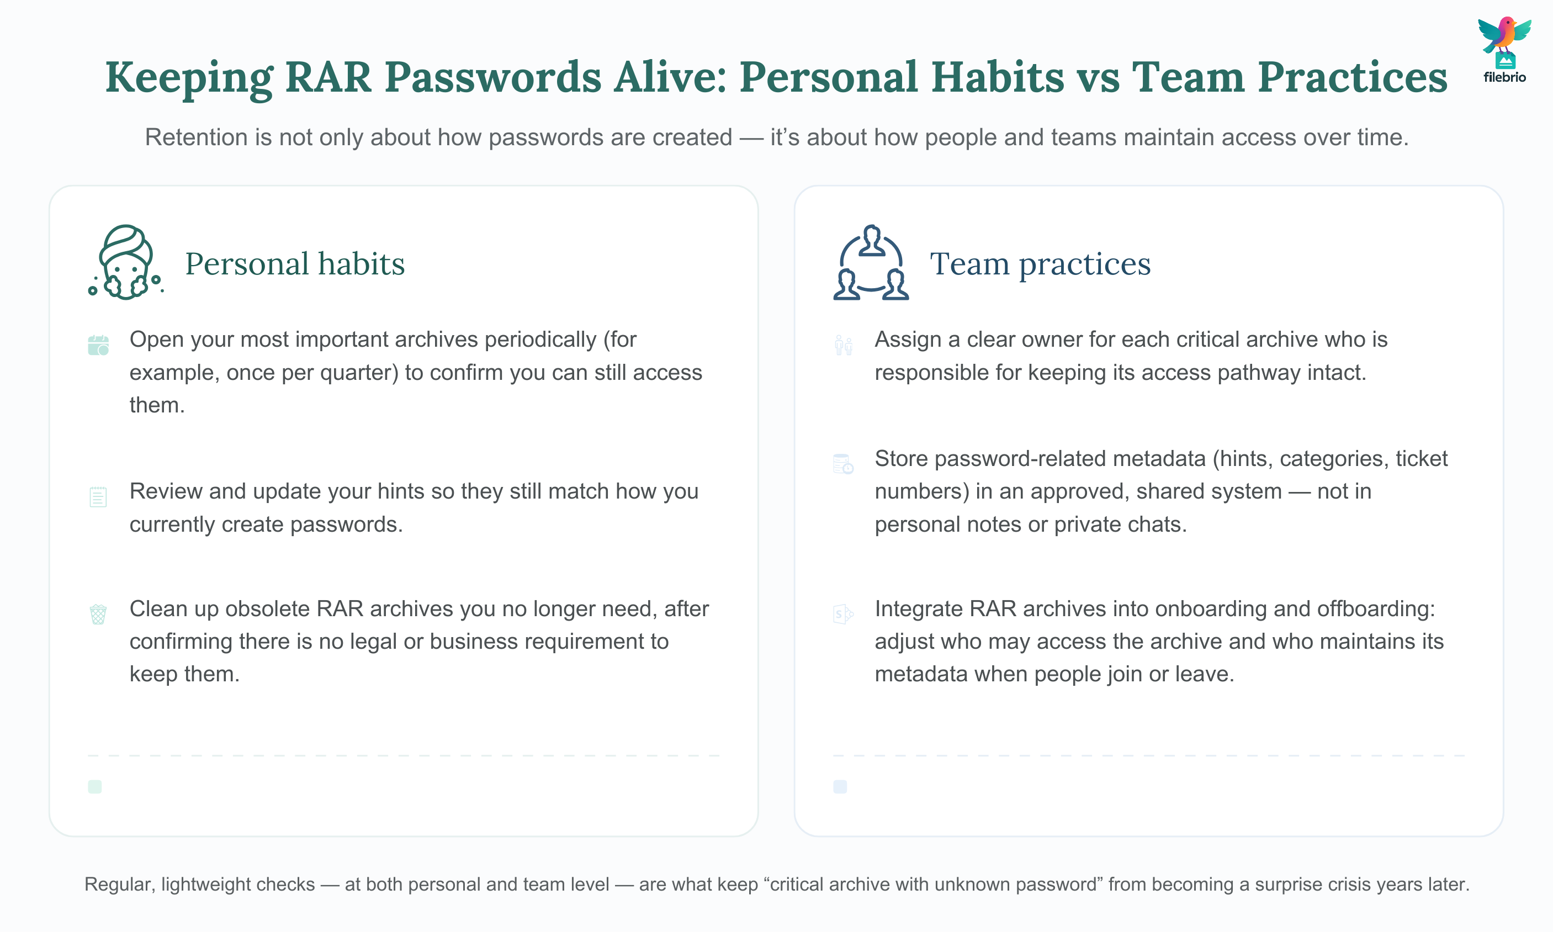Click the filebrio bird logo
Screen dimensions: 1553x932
click(x=1504, y=49)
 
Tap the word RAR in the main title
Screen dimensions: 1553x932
click(x=328, y=77)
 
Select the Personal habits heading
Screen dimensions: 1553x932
click(x=294, y=263)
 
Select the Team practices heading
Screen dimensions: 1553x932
click(x=1040, y=263)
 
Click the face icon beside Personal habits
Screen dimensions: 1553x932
click(x=125, y=262)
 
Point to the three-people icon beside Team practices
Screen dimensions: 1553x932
click(x=871, y=262)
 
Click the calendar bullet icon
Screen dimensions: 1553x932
click(x=98, y=345)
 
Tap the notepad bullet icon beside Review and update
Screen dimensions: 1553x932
click(x=98, y=497)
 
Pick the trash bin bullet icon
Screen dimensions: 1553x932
click(x=98, y=614)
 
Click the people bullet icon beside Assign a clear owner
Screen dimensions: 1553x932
click(x=844, y=345)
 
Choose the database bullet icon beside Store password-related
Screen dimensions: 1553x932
click(x=843, y=464)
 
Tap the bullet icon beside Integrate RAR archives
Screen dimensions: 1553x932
click(x=843, y=614)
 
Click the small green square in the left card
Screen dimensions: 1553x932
click(x=95, y=787)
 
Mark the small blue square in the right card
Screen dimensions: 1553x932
click(x=840, y=787)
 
